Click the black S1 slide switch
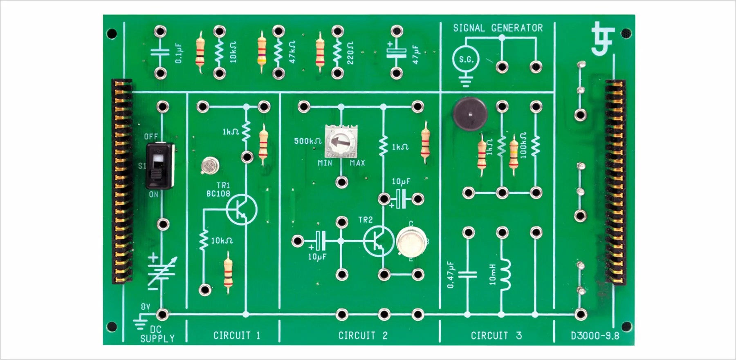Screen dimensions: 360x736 point(160,165)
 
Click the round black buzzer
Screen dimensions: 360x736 point(470,114)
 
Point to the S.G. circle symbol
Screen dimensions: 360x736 point(466,60)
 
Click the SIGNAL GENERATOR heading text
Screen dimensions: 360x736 point(498,28)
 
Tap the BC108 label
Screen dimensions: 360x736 point(218,194)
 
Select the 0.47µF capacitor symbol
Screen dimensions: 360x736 point(467,274)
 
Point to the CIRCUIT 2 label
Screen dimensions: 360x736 point(363,335)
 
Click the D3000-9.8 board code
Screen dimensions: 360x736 point(595,336)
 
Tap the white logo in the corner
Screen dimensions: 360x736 point(603,39)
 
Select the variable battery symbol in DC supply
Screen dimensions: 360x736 point(162,272)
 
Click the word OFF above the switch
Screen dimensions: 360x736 point(151,136)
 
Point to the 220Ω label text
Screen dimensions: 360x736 point(350,53)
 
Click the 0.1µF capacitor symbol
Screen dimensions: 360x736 point(160,52)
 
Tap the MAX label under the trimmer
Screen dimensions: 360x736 point(357,163)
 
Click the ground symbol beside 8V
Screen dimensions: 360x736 point(140,322)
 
